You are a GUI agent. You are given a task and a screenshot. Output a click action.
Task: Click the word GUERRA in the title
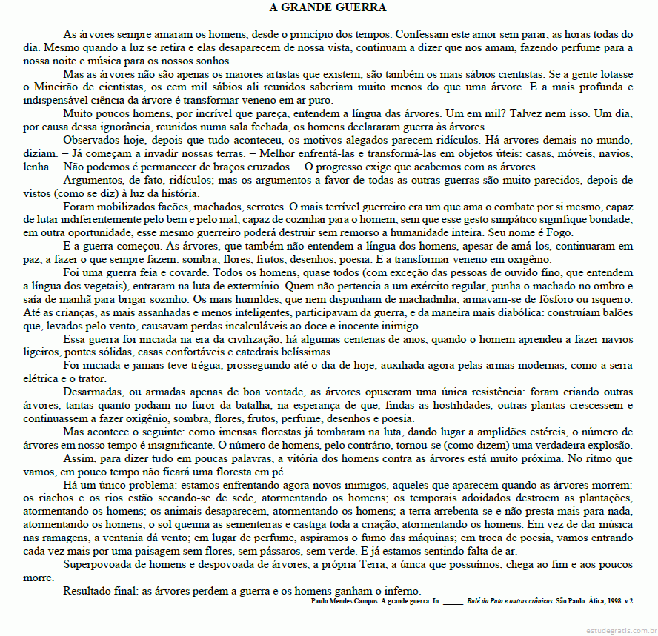coord(359,8)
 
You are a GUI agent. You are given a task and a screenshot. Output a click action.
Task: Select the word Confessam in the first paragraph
coord(425,34)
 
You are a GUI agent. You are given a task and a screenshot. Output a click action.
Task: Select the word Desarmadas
coord(95,391)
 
